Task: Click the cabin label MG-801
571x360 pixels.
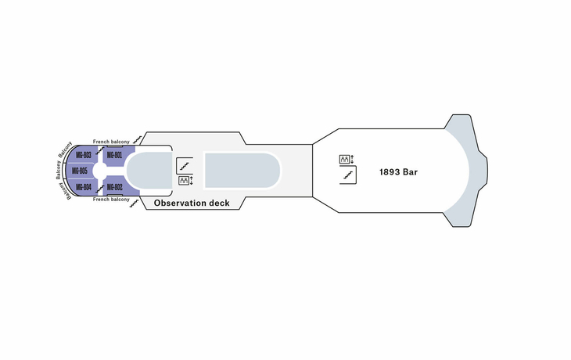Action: click(114, 155)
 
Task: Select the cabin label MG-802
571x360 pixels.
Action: click(114, 187)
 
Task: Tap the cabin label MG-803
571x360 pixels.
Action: click(84, 155)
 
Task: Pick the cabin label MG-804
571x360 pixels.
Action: click(84, 187)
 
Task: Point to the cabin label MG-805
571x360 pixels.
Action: click(79, 171)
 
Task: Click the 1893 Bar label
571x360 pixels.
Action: click(398, 172)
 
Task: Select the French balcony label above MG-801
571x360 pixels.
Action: click(111, 142)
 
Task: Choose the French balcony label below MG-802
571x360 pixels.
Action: click(111, 200)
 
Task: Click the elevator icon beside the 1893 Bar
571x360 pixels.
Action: click(344, 159)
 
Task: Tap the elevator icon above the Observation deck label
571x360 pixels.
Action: click(184, 180)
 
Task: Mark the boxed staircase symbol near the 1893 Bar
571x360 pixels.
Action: click(348, 175)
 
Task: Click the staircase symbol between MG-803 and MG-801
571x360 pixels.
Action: click(99, 151)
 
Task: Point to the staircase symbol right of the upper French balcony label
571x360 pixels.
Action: click(138, 139)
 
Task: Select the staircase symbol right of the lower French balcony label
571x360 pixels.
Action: click(135, 203)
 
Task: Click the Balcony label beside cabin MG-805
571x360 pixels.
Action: click(58, 170)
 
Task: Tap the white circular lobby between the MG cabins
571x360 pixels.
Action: click(99, 171)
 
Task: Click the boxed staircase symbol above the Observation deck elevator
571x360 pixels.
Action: click(185, 166)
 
